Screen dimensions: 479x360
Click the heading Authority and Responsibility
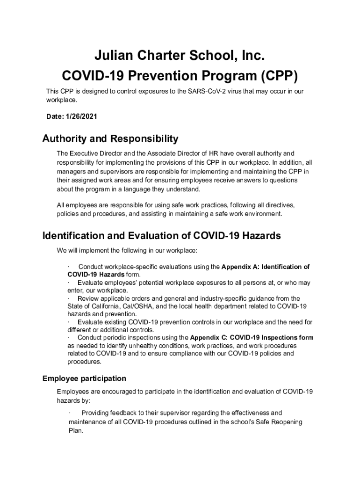[x=110, y=138]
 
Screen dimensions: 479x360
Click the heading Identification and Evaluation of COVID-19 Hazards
[x=162, y=236]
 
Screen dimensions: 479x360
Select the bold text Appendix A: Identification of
[x=265, y=267]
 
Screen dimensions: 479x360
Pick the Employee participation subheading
[x=84, y=378]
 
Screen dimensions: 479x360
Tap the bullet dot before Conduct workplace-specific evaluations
[x=69, y=267]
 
